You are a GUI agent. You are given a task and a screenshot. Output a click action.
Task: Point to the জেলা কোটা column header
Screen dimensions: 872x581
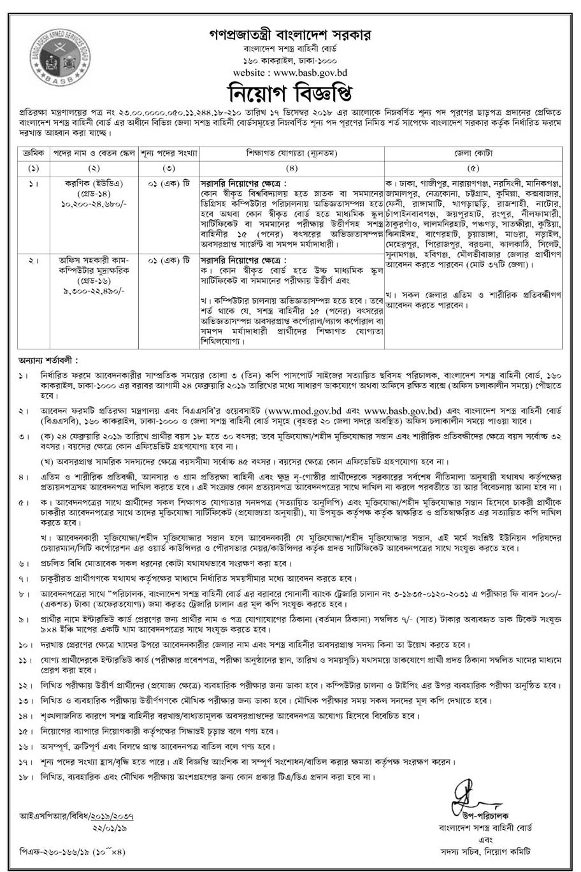[475, 154]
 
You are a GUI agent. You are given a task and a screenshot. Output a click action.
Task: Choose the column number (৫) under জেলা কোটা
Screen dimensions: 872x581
[475, 168]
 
